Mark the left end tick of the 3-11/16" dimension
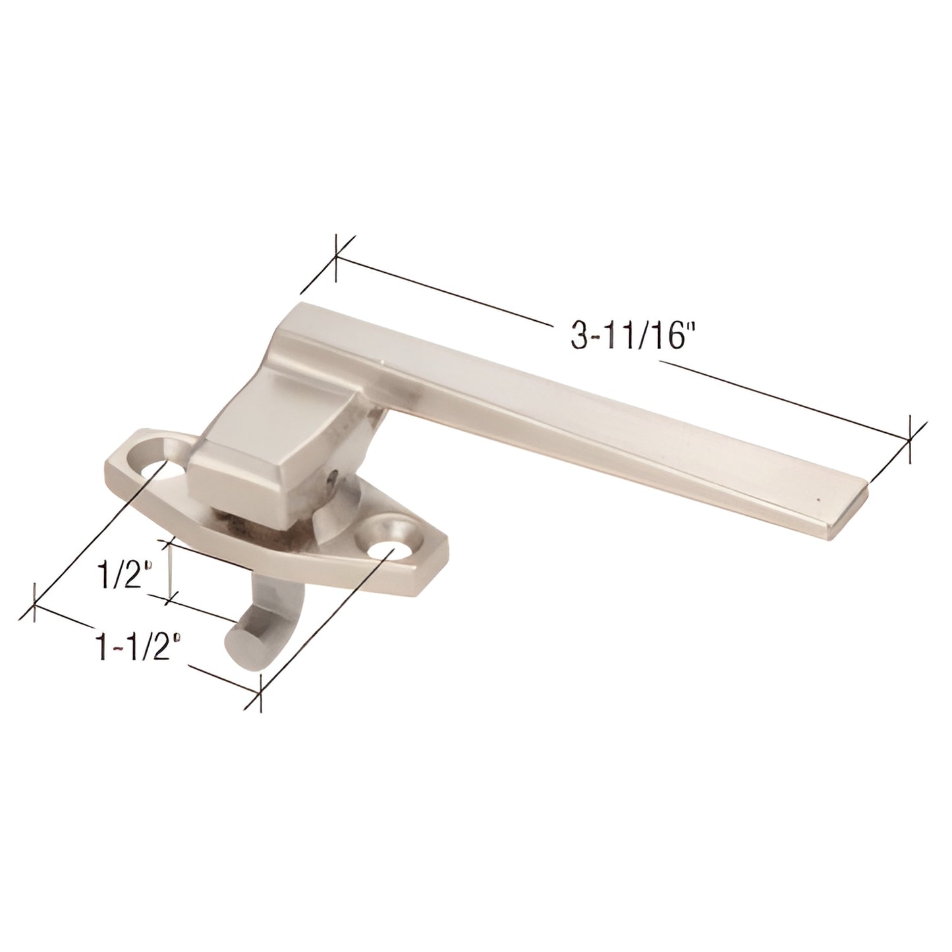[x=337, y=260]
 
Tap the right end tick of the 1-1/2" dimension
[x=262, y=694]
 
